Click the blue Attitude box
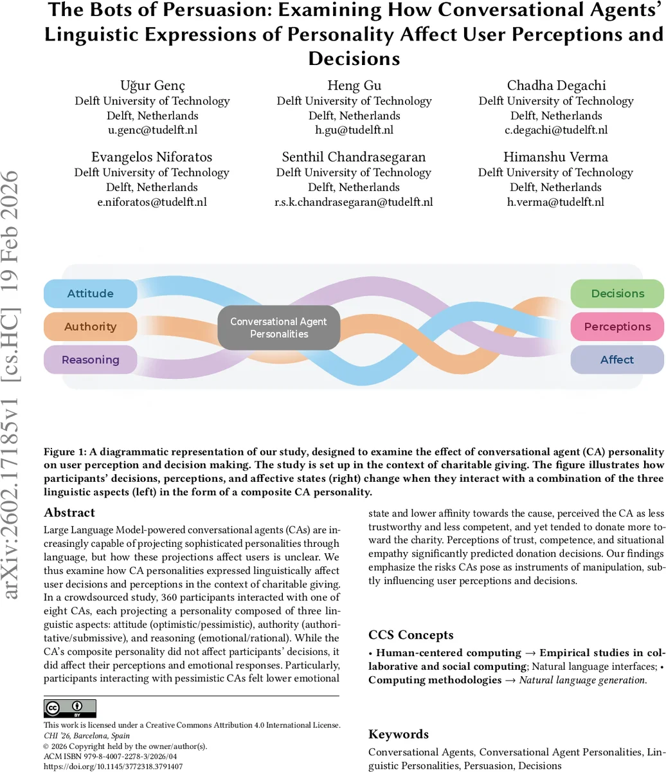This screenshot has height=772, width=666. point(90,293)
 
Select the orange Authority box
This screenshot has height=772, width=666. point(90,326)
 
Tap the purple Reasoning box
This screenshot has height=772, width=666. point(90,360)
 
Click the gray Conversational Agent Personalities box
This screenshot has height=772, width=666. point(278,327)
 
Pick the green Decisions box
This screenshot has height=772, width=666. point(617,293)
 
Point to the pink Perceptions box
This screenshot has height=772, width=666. point(617,326)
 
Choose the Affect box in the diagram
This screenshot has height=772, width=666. point(617,360)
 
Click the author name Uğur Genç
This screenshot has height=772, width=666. point(152,86)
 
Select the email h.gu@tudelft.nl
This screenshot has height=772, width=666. point(354,130)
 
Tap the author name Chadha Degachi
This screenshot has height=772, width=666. point(556,86)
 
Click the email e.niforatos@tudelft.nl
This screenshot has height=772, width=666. point(152,202)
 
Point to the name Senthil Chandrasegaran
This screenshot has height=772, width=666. point(354,157)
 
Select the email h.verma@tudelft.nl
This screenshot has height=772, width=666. point(555,202)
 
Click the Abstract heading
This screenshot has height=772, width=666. point(69,513)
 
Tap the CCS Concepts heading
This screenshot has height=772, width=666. point(412,635)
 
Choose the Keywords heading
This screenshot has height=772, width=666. point(399,734)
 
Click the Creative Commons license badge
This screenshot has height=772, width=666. point(70,708)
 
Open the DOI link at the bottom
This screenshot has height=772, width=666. point(113,767)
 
